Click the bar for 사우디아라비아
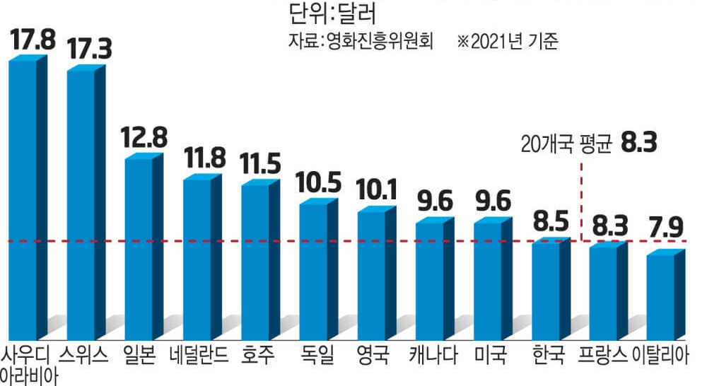pyautogui.click(x=23, y=198)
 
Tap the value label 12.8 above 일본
pyautogui.click(x=144, y=137)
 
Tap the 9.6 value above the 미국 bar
pyautogui.click(x=491, y=201)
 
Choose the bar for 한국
pyautogui.click(x=546, y=290)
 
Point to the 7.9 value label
pyautogui.click(x=664, y=230)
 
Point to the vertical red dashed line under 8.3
pyautogui.click(x=581, y=198)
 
